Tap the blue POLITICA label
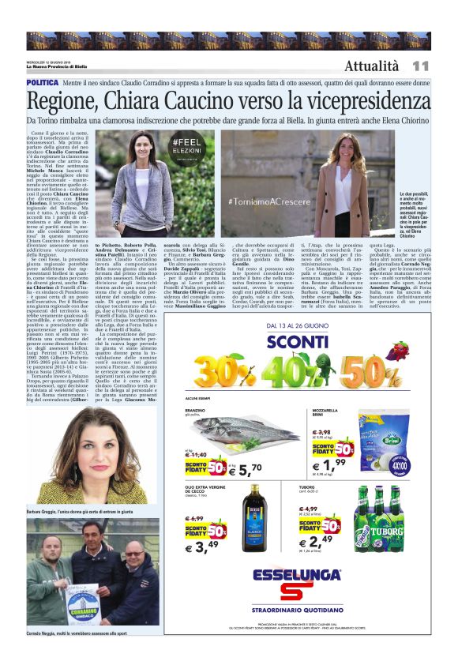(42, 82)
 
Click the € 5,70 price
(244, 468)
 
